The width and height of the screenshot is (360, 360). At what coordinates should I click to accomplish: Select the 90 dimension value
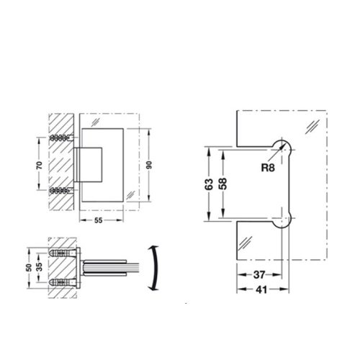[x=150, y=166]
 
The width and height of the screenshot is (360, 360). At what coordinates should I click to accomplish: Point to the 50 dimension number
[x=28, y=267]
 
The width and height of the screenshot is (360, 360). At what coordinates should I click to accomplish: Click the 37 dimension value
[x=261, y=275]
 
